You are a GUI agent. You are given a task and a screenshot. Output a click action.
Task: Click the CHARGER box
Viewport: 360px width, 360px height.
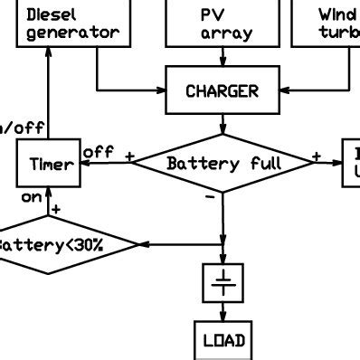coord(222,91)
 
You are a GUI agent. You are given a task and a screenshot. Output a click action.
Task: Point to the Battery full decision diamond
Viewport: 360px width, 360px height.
coord(223,164)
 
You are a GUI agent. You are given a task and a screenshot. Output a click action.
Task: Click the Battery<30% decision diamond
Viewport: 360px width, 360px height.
coord(63,245)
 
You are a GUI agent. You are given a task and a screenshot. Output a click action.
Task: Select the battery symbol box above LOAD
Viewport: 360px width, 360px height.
coord(222,283)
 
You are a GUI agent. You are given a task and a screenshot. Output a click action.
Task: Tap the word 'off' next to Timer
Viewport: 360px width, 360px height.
coord(97,152)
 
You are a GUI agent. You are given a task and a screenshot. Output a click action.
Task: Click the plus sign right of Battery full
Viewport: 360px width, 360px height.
coord(317,156)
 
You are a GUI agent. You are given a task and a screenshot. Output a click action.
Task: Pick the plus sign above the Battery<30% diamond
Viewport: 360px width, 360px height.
coord(56,210)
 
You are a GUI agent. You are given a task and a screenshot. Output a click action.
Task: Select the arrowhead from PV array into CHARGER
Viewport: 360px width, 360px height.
coord(222,62)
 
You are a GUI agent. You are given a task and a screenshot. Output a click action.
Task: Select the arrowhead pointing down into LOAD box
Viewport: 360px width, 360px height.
coord(222,317)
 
